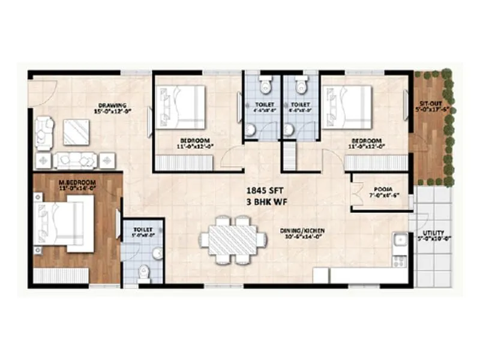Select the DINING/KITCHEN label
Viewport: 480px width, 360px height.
pyautogui.click(x=301, y=230)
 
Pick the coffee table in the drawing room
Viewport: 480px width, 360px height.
pyautogui.click(x=76, y=132)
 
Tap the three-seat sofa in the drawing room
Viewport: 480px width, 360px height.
pyautogui.click(x=76, y=160)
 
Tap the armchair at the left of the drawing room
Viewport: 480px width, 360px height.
pyautogui.click(x=43, y=133)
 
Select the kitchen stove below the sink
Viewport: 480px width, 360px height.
pyautogui.click(x=399, y=260)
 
